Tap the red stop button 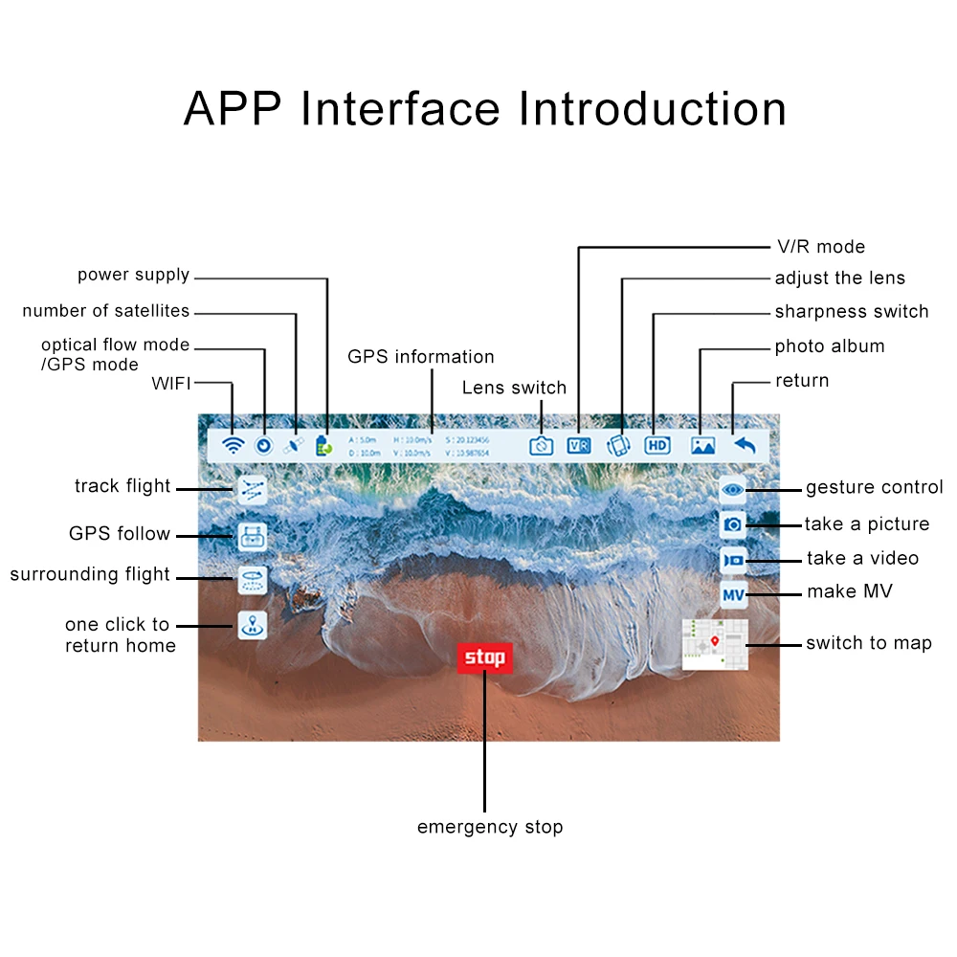485,657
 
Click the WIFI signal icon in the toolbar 233,445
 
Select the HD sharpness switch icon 657,445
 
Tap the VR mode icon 579,445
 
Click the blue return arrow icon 744,445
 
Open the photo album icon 703,445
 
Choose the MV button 733,595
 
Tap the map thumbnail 714,643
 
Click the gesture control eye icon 733,490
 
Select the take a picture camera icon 733,524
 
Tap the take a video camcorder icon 733,559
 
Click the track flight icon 252,489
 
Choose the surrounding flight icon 252,577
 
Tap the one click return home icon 252,626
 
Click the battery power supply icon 323,445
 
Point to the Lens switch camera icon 542,445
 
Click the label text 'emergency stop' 490,827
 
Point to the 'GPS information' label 421,357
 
